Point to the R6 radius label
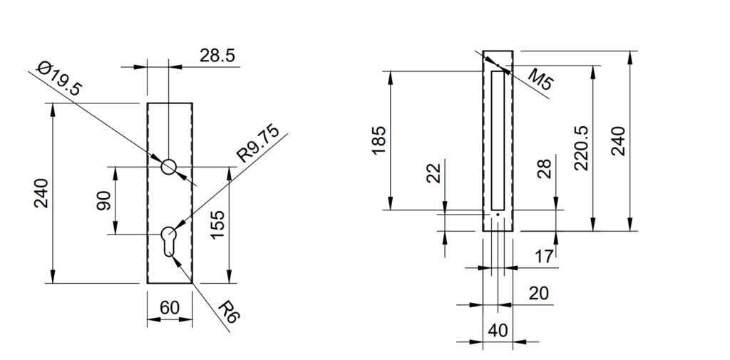tap(226, 314)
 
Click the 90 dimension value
tap(103, 200)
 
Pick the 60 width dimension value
tap(169, 308)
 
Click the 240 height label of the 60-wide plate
tap(41, 193)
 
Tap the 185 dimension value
tap(379, 140)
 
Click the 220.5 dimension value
tap(580, 148)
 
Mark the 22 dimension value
tap(433, 173)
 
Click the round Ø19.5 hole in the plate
tap(169, 166)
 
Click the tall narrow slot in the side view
tap(497, 140)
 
